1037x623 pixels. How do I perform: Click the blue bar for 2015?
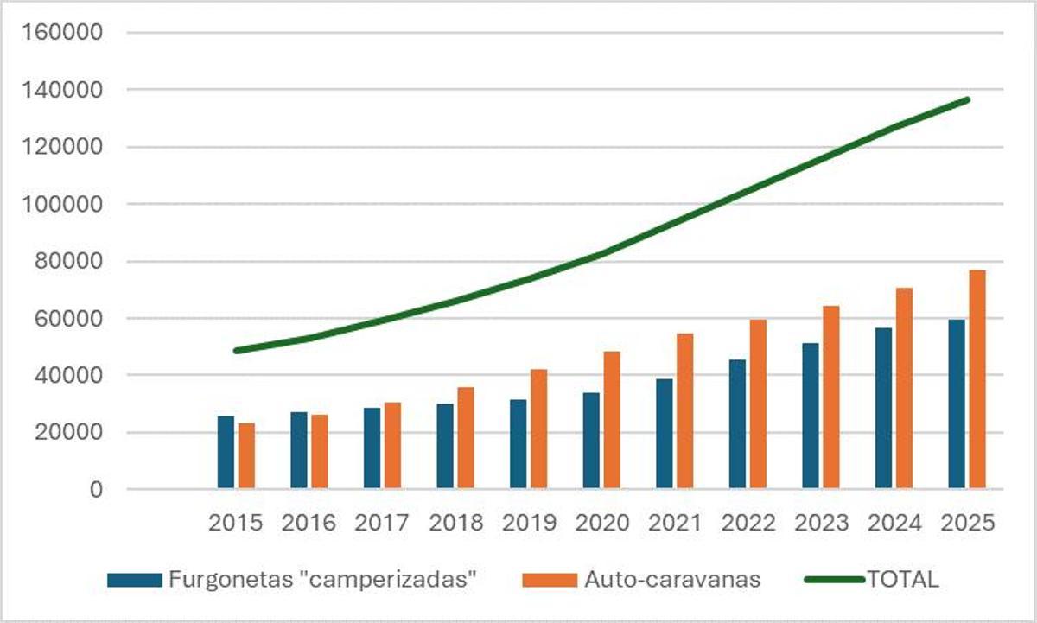[226, 453]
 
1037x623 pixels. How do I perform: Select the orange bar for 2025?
[977, 380]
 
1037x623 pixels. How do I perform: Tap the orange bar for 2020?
[612, 421]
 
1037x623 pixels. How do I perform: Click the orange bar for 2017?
[392, 446]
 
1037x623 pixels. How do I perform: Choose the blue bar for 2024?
[883, 409]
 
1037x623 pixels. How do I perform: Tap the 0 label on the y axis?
[96, 490]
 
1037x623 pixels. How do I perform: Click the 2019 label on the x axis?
[526, 524]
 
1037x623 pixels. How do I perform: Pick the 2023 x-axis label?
[818, 524]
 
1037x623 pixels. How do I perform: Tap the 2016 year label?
[308, 524]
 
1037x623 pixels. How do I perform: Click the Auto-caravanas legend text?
[672, 580]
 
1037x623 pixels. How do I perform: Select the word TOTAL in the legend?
[902, 580]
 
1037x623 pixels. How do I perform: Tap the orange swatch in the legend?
[549, 580]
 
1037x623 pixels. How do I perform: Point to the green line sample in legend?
[834, 580]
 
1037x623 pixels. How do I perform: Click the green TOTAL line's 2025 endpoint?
[968, 99]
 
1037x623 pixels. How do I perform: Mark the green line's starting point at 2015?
[236, 351]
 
